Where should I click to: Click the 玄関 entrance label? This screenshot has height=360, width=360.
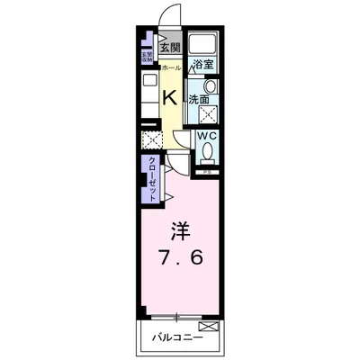169,49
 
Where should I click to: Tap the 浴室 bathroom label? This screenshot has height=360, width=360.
203,64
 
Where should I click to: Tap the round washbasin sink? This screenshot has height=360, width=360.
211,86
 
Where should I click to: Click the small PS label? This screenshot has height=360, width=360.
206,171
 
